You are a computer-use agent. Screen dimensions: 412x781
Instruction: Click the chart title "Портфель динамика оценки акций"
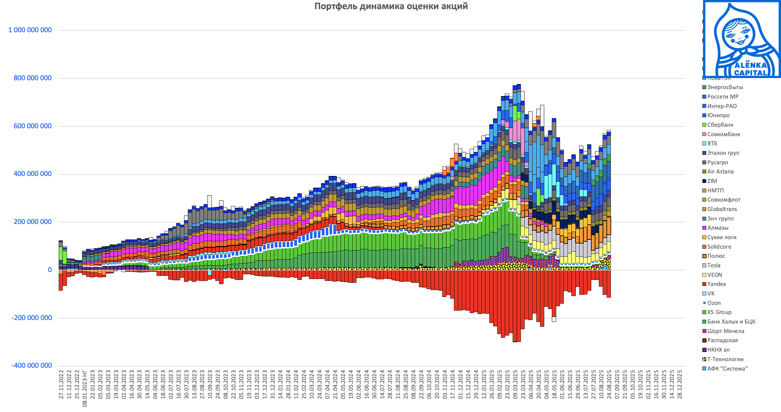[391, 6]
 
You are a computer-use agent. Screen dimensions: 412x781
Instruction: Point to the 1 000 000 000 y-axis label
[30, 30]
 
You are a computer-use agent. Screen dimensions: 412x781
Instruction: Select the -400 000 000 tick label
[32, 366]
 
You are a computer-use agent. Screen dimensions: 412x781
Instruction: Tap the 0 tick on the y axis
[50, 270]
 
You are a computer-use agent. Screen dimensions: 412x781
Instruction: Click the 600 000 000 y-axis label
[33, 126]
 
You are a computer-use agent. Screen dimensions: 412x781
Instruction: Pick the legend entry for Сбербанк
[720, 125]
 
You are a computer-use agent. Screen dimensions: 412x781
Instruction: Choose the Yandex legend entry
[716, 284]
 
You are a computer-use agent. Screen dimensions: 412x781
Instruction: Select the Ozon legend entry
[714, 303]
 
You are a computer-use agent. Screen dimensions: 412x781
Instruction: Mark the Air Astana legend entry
[720, 172]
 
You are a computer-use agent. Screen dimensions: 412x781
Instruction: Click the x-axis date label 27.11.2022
[61, 385]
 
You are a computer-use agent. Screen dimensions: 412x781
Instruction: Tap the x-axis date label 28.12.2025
[680, 385]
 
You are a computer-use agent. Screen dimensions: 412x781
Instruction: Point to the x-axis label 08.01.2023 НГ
[85, 388]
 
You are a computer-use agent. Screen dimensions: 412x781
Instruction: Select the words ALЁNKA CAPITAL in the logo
[750, 69]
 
